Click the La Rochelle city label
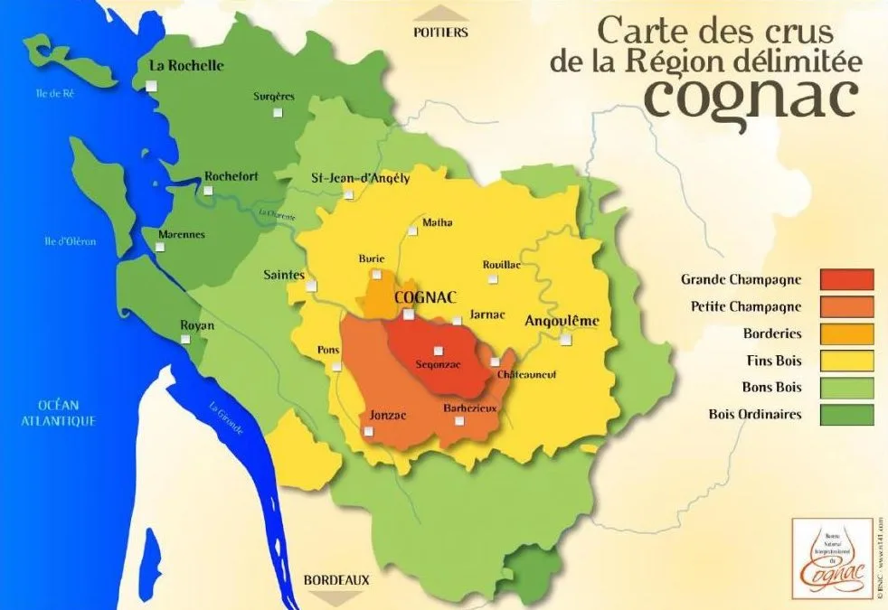pos(186,66)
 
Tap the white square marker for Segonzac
pos(439,351)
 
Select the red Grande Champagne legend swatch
pos(846,280)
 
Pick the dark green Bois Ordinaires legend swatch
pos(846,415)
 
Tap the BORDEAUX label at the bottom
pos(336,579)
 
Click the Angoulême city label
pos(562,321)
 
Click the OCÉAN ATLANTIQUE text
pos(61,413)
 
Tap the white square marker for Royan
pos(185,340)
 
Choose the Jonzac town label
pos(388,415)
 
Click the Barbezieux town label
pos(470,408)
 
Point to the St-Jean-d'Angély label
pos(360,178)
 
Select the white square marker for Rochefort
pos(209,191)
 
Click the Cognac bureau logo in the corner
pos(831,558)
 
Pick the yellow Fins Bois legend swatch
pos(846,361)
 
